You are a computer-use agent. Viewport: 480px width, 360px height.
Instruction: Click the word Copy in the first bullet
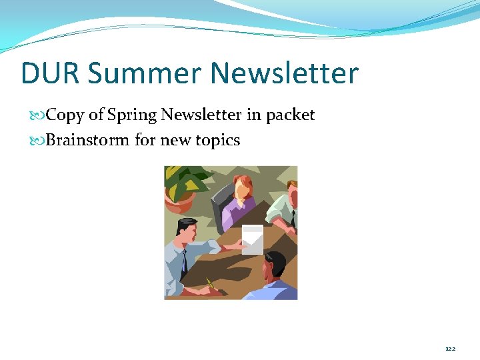tap(65, 115)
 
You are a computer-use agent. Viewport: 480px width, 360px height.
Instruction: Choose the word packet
tap(290, 116)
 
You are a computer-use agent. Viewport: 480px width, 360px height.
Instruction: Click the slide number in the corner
tap(451, 348)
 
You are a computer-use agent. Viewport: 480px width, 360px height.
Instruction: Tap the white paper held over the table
tap(253, 239)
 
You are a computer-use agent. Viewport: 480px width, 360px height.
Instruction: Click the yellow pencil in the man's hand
tap(211, 283)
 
